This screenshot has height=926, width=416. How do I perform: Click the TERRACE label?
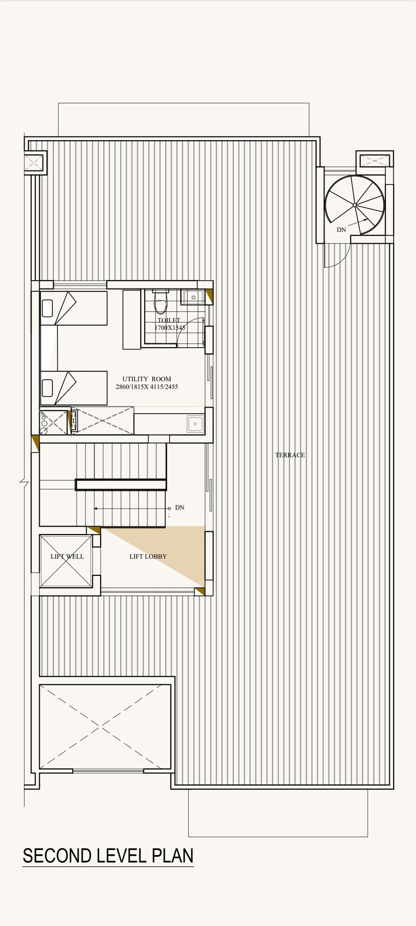[290, 455]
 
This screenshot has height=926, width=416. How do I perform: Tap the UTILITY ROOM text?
[146, 379]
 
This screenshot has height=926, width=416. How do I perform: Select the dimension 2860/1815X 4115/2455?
[146, 386]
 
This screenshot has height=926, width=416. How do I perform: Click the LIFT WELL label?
[66, 556]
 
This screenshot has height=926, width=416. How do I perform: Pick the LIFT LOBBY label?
[148, 556]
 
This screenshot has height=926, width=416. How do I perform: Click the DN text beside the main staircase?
[179, 508]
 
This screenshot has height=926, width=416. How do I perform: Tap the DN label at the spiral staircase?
[341, 229]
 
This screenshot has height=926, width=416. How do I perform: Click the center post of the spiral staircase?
[355, 205]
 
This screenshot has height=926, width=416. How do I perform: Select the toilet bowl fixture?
[161, 304]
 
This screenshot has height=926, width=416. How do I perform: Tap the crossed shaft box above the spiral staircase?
[374, 161]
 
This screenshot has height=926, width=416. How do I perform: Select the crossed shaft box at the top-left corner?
[32, 163]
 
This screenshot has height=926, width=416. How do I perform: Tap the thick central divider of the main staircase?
[121, 484]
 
